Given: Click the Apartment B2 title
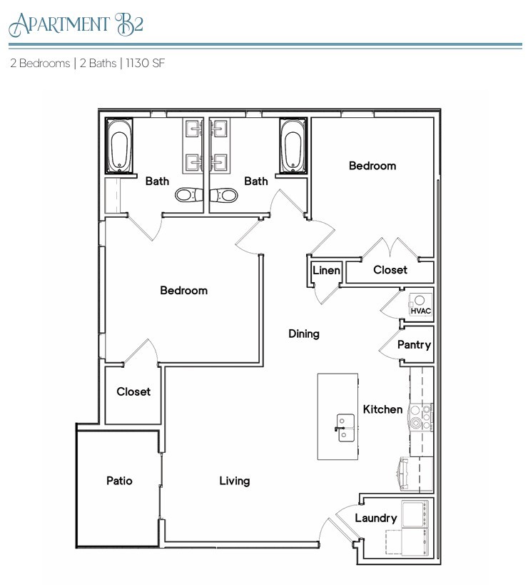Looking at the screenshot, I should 76,24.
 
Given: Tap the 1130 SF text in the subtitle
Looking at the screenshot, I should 146,63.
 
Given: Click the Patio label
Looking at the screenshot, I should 119,481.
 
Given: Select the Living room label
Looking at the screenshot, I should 234,481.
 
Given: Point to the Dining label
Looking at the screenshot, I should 303,334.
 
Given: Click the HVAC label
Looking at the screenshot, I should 420,311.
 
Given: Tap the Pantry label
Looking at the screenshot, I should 414,344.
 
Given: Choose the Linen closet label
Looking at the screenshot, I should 326,271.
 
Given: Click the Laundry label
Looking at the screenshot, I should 375,518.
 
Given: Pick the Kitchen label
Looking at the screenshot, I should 382,409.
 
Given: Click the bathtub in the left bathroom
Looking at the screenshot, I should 118,146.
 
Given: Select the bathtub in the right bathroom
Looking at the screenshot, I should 291,146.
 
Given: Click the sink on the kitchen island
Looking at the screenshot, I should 344,427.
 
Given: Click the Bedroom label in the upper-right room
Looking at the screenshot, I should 372,166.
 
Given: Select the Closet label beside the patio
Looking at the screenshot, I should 133,391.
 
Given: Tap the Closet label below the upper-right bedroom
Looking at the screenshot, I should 390,269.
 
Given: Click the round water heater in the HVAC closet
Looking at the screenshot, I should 421,300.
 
